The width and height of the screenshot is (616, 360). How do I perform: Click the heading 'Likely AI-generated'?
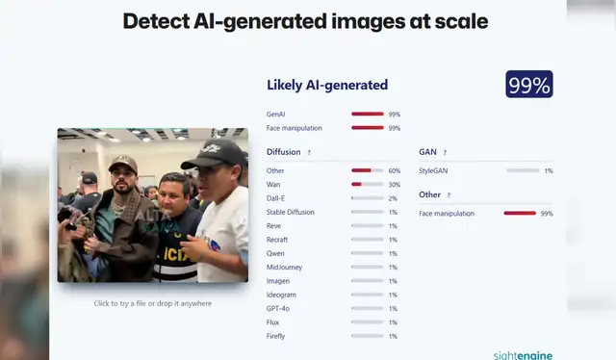(327, 86)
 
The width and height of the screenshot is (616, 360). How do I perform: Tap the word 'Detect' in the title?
(156, 21)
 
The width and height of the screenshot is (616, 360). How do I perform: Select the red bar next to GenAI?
(368, 115)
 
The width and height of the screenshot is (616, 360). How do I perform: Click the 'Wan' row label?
(273, 184)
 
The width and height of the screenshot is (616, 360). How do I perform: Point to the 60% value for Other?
(395, 170)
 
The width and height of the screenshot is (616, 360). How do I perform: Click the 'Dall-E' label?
(276, 198)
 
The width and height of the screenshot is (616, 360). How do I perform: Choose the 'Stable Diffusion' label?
(290, 212)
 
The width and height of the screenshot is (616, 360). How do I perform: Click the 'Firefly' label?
(276, 336)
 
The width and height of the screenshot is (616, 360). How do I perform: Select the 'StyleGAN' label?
(433, 170)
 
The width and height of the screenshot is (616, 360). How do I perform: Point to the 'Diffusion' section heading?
(284, 152)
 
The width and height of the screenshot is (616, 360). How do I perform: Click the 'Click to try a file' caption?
(152, 303)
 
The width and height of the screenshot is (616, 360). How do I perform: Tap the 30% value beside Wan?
(395, 184)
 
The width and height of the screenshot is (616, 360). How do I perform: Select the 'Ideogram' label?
(280, 295)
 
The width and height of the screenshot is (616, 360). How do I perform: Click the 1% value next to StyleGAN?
(549, 170)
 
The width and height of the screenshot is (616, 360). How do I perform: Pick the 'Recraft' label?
(277, 239)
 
